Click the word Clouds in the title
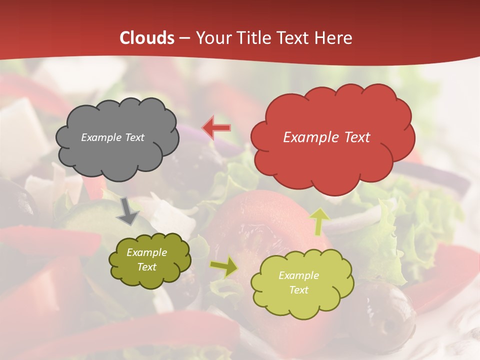[147, 38]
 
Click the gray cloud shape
[117, 137]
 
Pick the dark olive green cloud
[149, 260]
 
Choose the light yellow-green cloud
[302, 283]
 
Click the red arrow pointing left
[216, 127]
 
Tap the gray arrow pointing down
[127, 211]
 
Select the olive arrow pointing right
[224, 266]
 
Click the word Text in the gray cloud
[134, 137]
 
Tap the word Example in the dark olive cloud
[147, 252]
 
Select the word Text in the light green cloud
[298, 290]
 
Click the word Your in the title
[211, 38]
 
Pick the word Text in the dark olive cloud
[147, 267]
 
